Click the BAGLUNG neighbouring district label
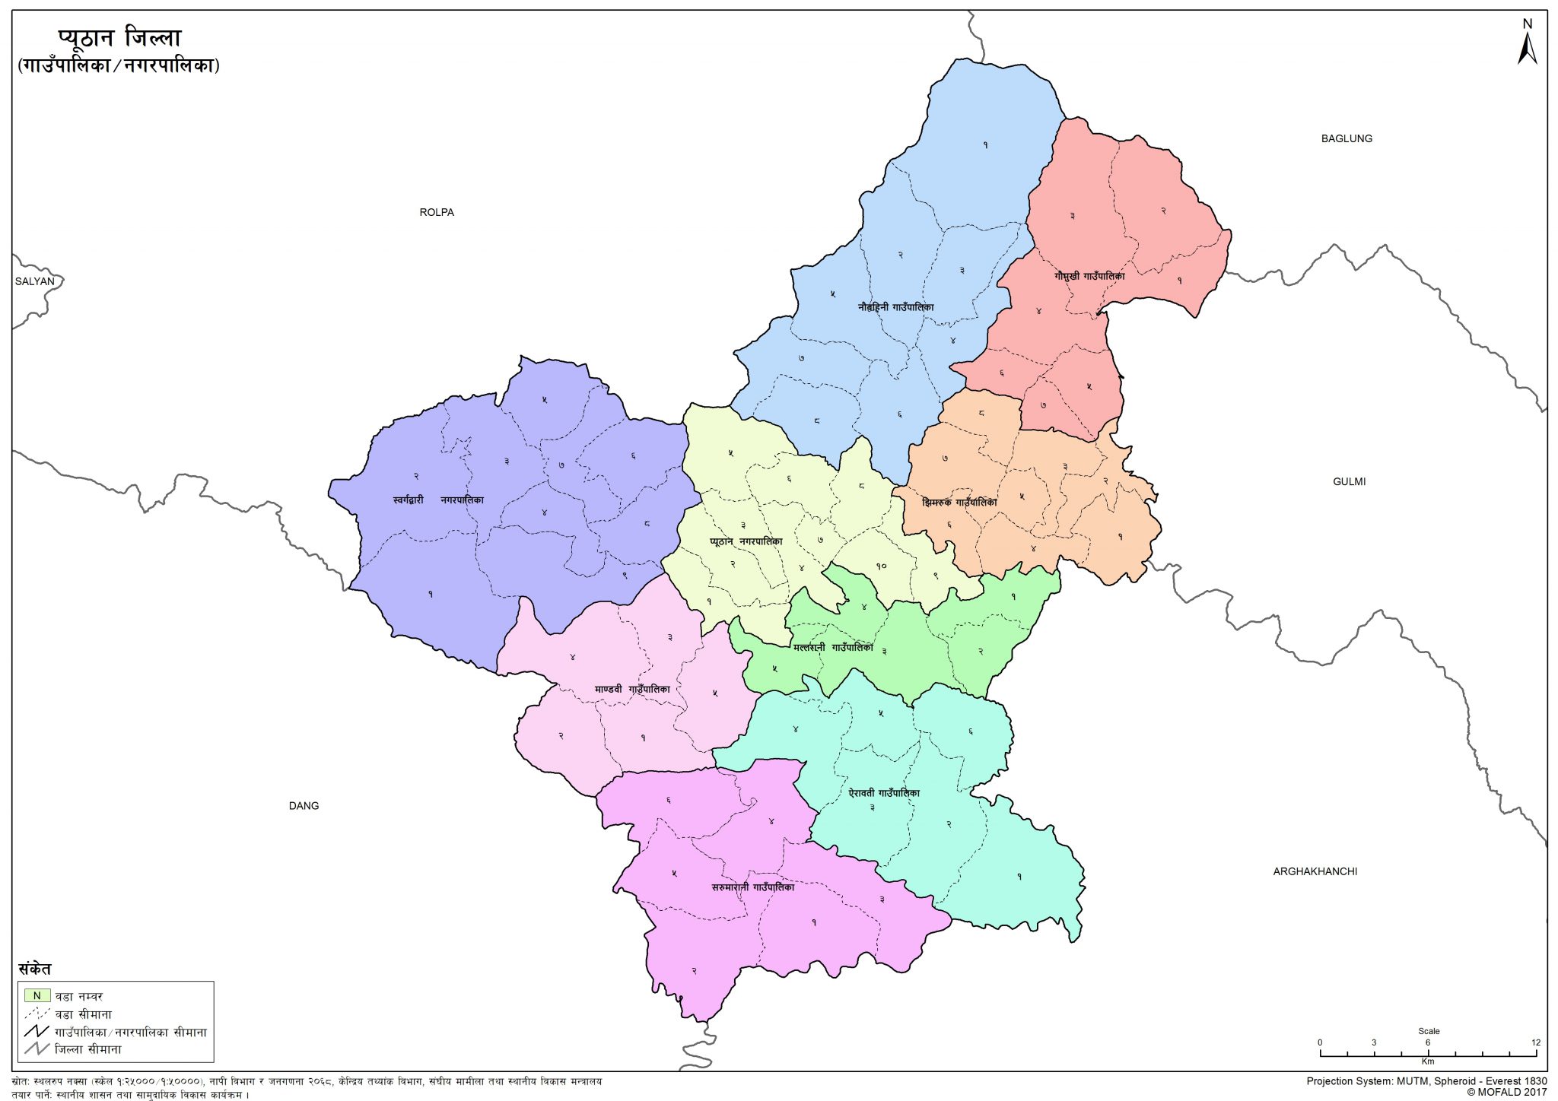1347,138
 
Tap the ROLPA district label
437,212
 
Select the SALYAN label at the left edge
35,281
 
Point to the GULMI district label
1349,481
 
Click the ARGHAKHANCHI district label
1315,871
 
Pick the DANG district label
304,806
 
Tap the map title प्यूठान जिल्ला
119,38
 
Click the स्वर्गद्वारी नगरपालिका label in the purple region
438,500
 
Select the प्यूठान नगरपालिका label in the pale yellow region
746,541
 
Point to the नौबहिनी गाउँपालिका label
895,307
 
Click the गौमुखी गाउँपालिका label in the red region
1089,276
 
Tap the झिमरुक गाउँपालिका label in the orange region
959,503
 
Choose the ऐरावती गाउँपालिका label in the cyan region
884,793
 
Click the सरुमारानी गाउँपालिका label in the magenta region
752,887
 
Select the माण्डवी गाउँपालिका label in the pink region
632,689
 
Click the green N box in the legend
37,995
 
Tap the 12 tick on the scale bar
1535,1042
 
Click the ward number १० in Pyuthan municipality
881,566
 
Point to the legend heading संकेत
35,969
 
